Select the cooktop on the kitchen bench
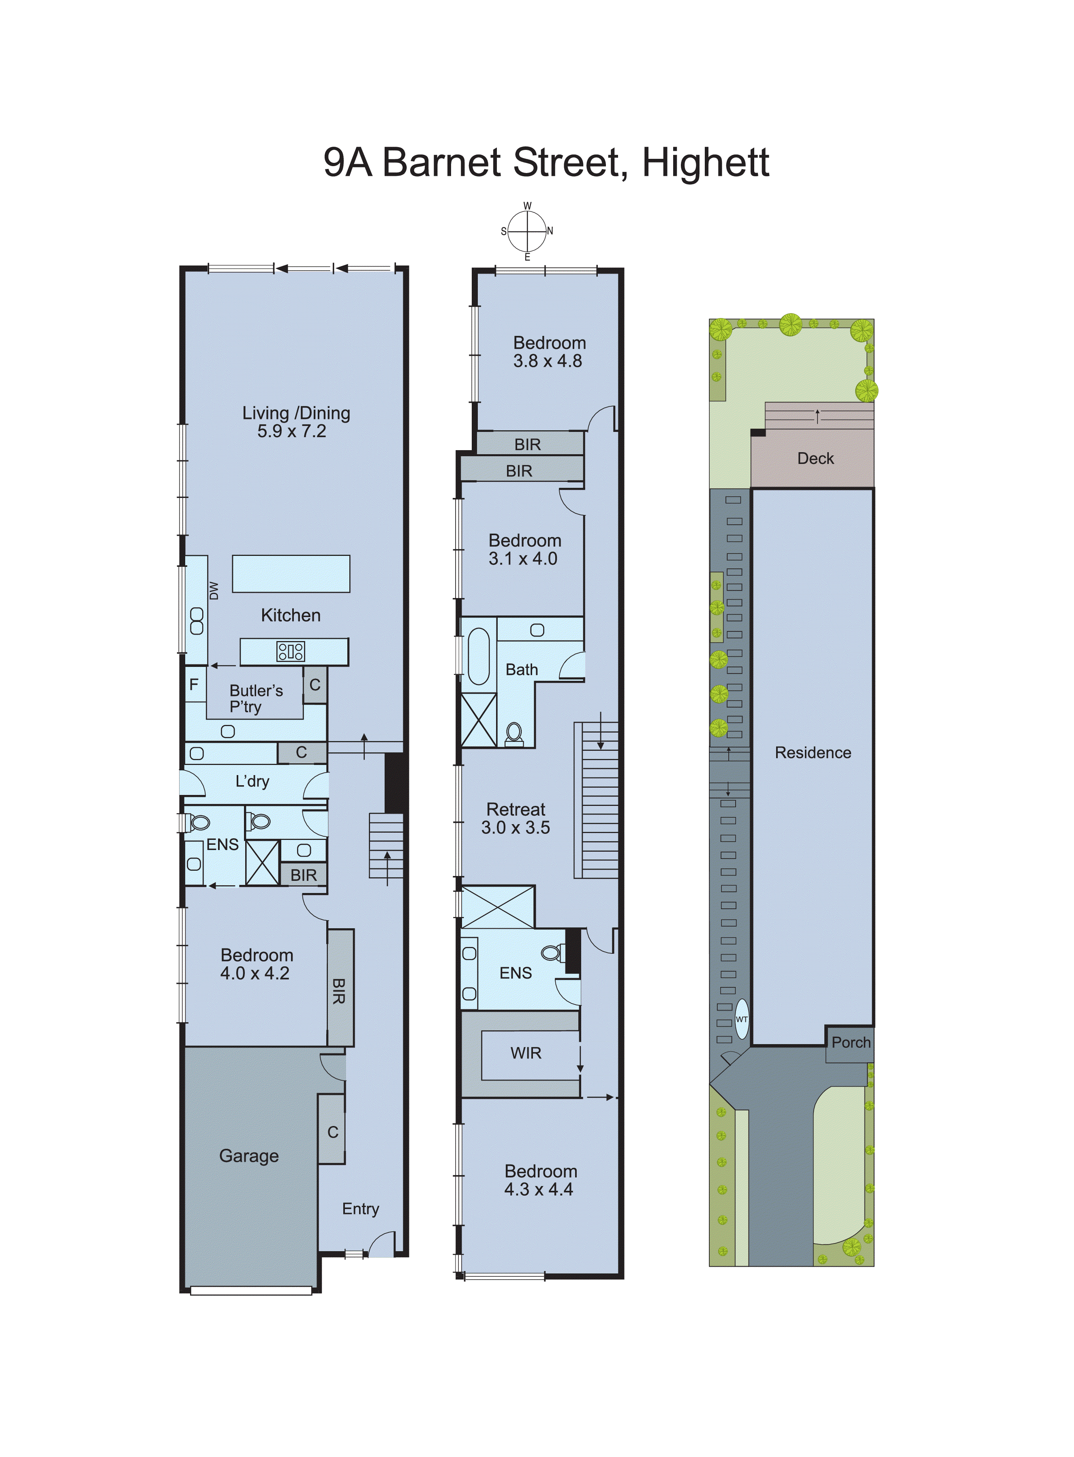pyautogui.click(x=291, y=651)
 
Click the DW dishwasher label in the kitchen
pyautogui.click(x=214, y=590)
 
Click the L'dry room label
pyautogui.click(x=252, y=781)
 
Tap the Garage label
pyautogui.click(x=249, y=1156)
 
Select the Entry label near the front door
pyautogui.click(x=361, y=1209)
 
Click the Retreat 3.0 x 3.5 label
pyautogui.click(x=516, y=818)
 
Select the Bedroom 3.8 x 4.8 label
pyautogui.click(x=549, y=352)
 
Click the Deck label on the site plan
pyautogui.click(x=815, y=459)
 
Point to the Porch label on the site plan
pyautogui.click(x=850, y=1043)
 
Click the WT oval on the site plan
pyautogui.click(x=742, y=1019)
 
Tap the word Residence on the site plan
pyautogui.click(x=813, y=752)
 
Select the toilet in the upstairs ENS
pyautogui.click(x=552, y=953)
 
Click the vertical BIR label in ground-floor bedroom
pyautogui.click(x=339, y=991)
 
